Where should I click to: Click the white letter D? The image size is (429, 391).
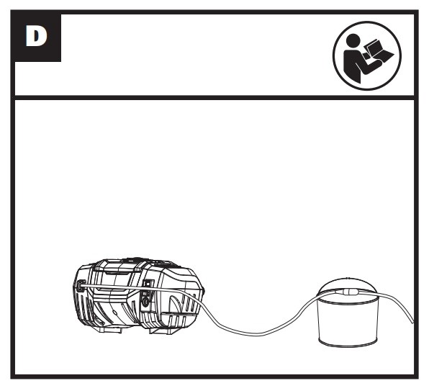[37, 36]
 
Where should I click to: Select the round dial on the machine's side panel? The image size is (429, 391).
[146, 301]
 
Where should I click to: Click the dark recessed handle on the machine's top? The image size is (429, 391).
[117, 272]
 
